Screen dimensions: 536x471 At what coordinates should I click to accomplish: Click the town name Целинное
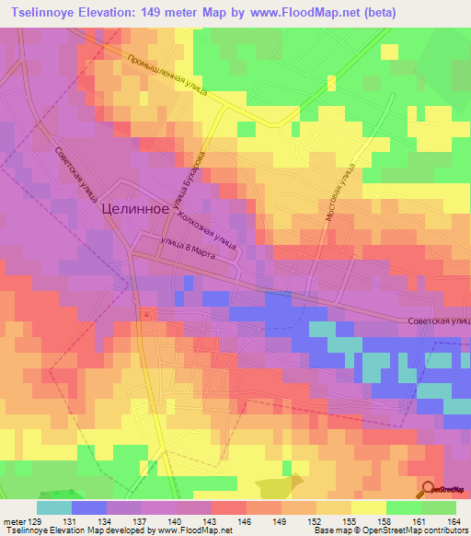pos(133,208)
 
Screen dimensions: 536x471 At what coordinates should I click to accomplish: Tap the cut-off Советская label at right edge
pos(439,320)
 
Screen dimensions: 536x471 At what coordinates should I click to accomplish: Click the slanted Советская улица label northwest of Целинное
pos(76,175)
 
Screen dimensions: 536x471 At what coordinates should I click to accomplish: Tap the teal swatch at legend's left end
pos(54,507)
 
